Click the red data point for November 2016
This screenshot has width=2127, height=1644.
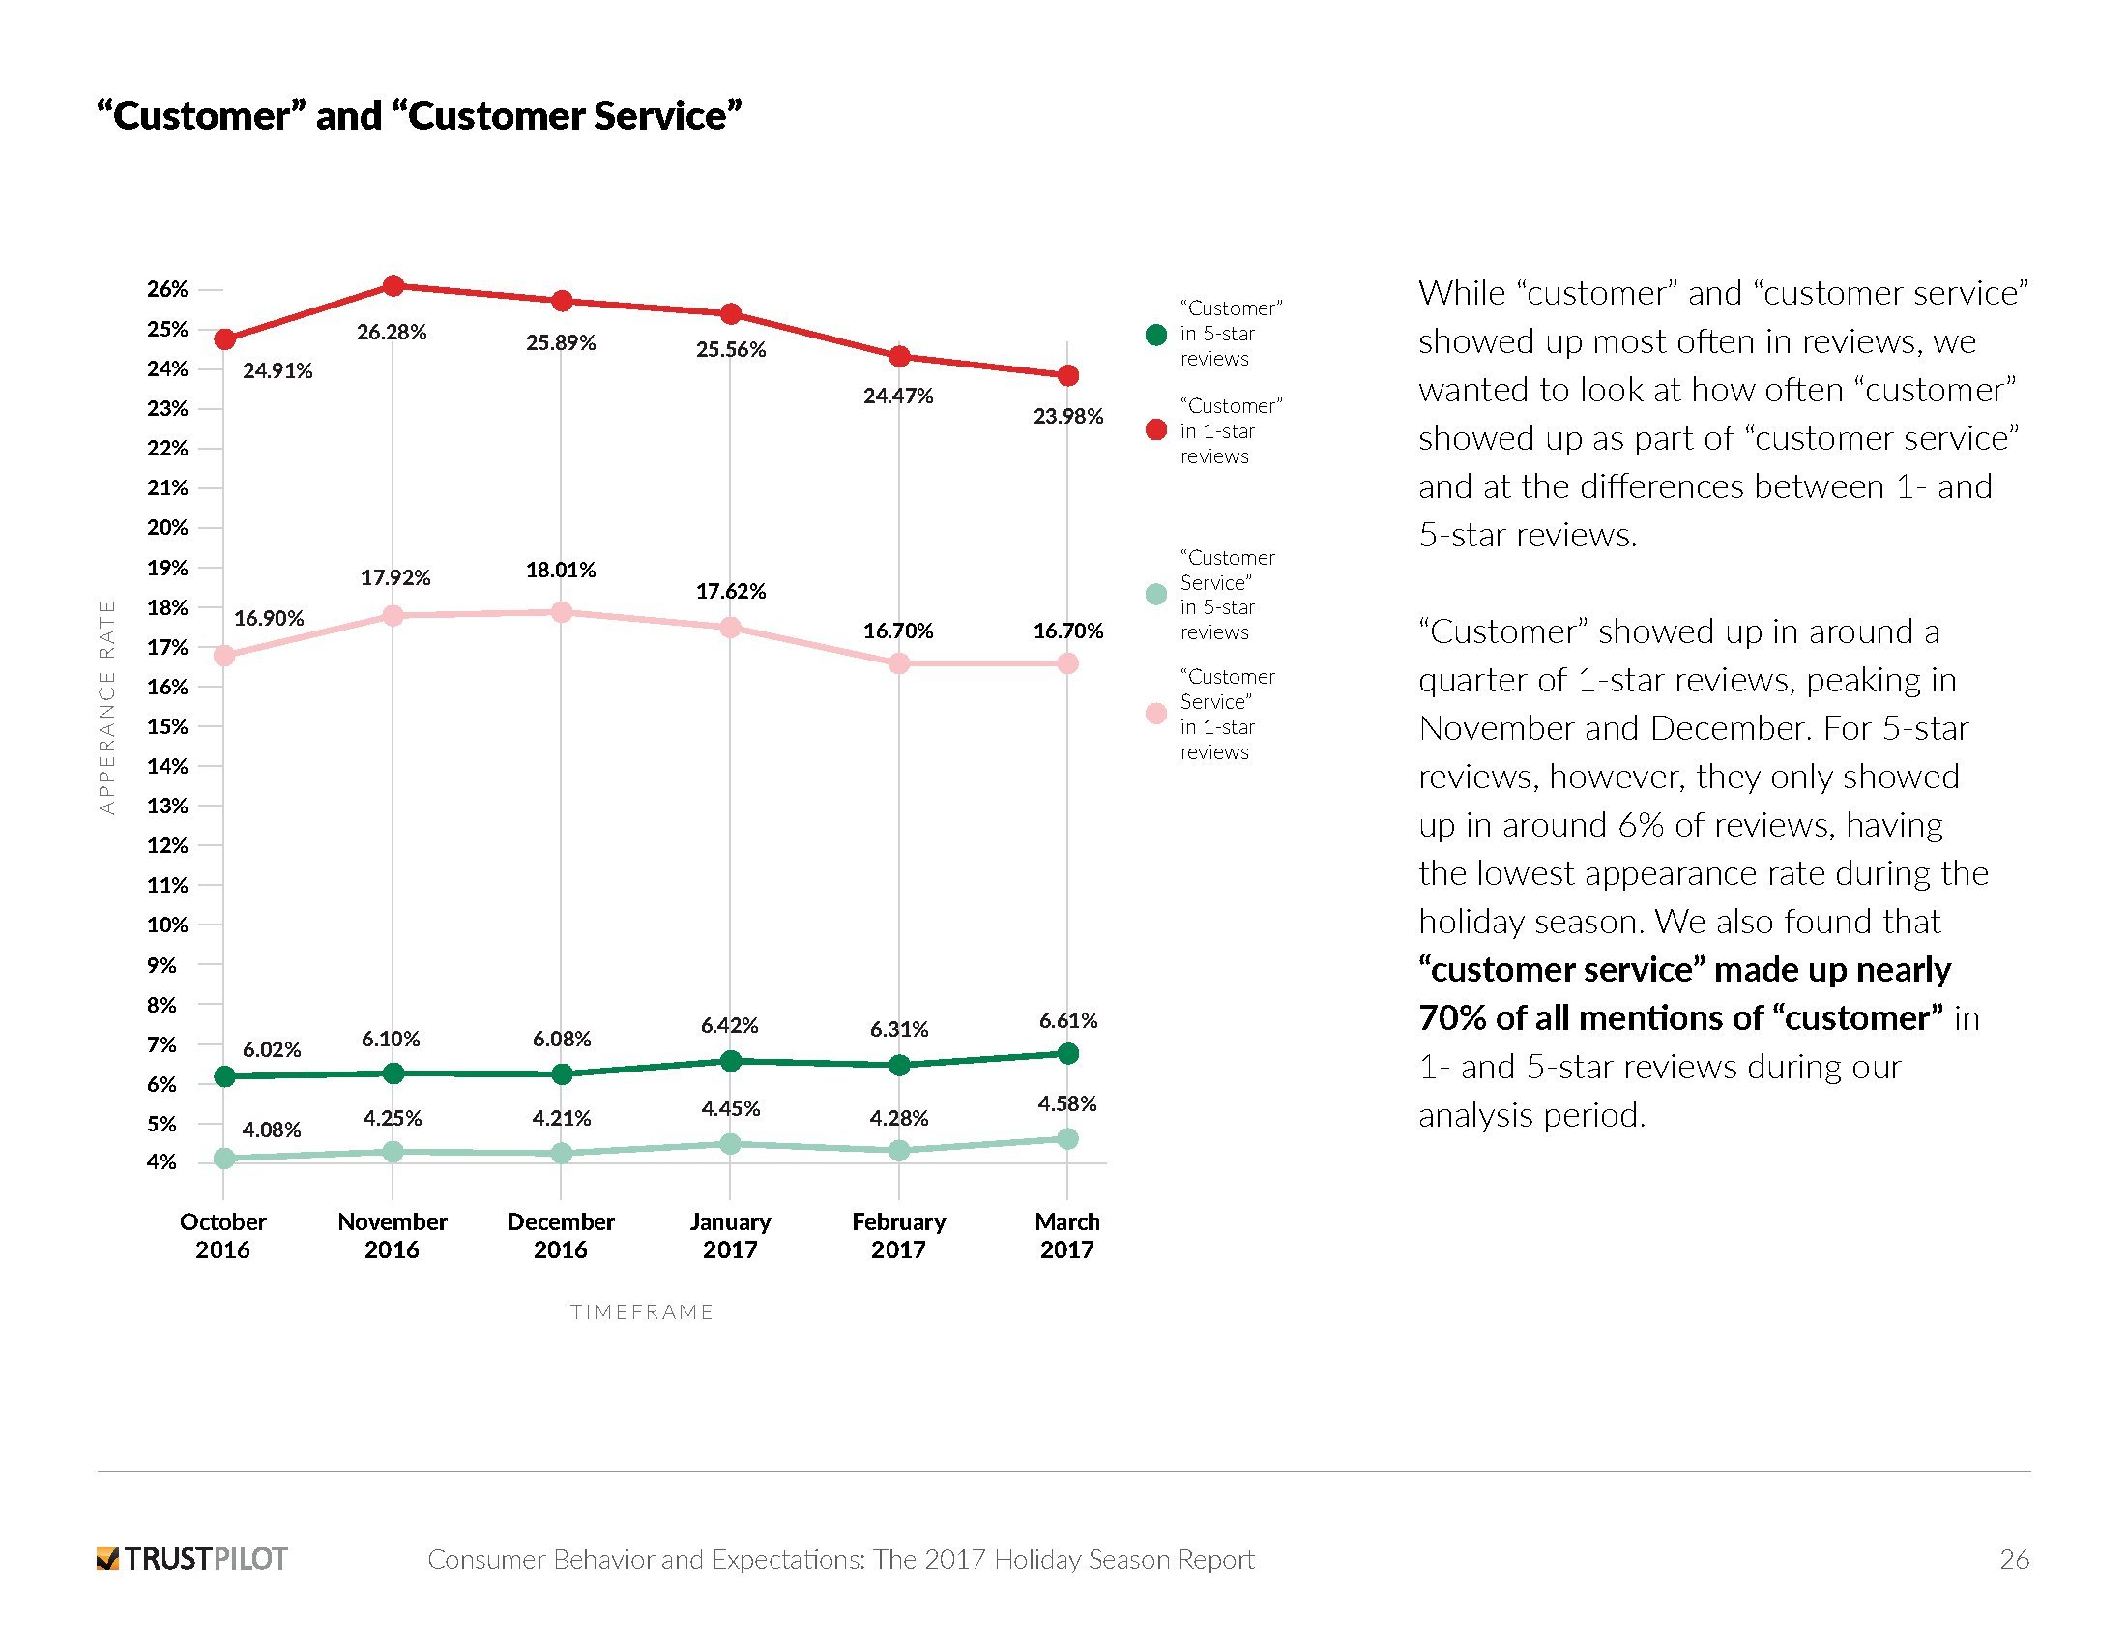(x=393, y=285)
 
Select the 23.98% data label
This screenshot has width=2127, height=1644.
(x=1067, y=417)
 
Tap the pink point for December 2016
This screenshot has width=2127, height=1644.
(x=561, y=611)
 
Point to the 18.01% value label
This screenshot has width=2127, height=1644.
(x=561, y=570)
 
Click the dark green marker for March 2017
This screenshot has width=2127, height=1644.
(x=1067, y=1053)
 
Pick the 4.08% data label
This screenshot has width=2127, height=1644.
(x=272, y=1130)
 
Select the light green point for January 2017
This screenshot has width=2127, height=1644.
(x=730, y=1144)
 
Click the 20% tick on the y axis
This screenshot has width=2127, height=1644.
(x=167, y=528)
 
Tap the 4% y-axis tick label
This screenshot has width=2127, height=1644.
(x=162, y=1161)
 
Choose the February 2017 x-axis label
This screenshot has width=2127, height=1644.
(x=898, y=1235)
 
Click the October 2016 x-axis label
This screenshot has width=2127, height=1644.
(x=223, y=1235)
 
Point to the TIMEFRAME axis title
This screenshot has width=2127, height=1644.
(x=642, y=1312)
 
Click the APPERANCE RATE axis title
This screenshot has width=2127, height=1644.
(x=107, y=707)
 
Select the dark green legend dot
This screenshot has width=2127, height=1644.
(x=1156, y=334)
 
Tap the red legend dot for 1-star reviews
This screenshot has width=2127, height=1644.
(x=1156, y=429)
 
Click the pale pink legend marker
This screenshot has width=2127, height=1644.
(x=1156, y=714)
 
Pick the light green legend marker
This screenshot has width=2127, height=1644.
(x=1156, y=594)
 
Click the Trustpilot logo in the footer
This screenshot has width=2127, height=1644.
(x=191, y=1558)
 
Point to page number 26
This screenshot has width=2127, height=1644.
(x=2014, y=1559)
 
